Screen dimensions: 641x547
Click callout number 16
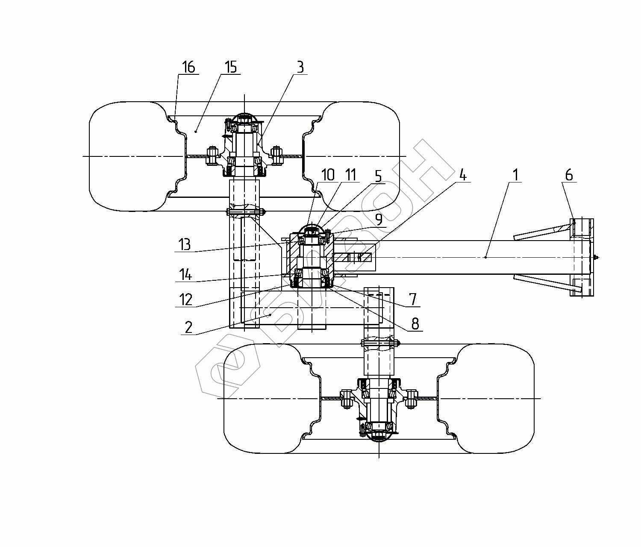(x=188, y=67)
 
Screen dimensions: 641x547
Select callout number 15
(x=230, y=67)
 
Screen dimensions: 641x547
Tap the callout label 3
(x=300, y=68)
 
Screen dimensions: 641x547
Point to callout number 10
(x=328, y=175)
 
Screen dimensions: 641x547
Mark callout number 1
(x=516, y=175)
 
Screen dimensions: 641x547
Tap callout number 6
(x=569, y=175)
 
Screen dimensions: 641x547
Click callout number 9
(x=379, y=219)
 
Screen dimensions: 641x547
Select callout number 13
(x=185, y=245)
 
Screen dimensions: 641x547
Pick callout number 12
(x=185, y=299)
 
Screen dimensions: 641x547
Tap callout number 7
(x=413, y=299)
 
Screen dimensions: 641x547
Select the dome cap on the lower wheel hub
(x=379, y=436)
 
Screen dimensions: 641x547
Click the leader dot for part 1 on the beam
(x=486, y=258)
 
